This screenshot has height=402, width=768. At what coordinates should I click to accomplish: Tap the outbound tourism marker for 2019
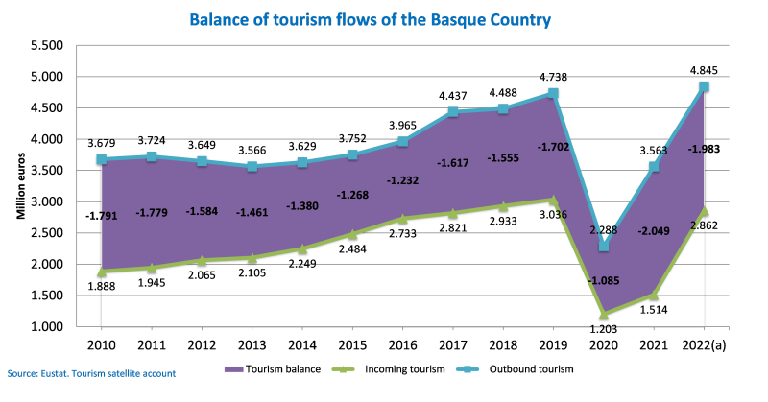(x=553, y=93)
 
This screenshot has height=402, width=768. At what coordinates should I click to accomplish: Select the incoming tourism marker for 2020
(x=603, y=314)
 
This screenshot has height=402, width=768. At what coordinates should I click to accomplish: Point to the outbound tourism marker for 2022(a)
(x=704, y=87)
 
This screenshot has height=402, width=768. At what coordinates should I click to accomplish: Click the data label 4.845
(x=704, y=68)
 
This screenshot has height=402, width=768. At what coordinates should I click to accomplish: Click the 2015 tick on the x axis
(x=352, y=344)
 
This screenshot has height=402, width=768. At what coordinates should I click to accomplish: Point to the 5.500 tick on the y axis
(x=47, y=45)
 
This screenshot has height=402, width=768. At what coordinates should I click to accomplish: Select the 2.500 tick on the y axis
(x=47, y=233)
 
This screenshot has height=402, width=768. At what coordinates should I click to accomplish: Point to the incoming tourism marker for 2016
(x=402, y=219)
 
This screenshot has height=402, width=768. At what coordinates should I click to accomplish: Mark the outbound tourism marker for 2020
(x=603, y=247)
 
